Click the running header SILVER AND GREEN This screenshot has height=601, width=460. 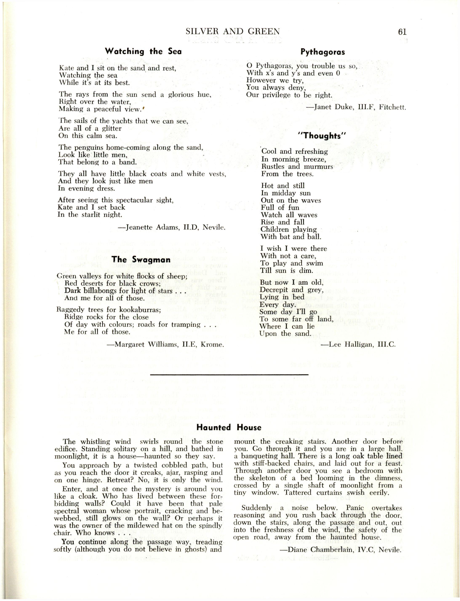[233, 32]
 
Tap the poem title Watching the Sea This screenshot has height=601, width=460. [143, 51]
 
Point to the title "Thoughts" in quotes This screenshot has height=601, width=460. [322, 136]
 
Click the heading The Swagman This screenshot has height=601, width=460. [141, 259]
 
